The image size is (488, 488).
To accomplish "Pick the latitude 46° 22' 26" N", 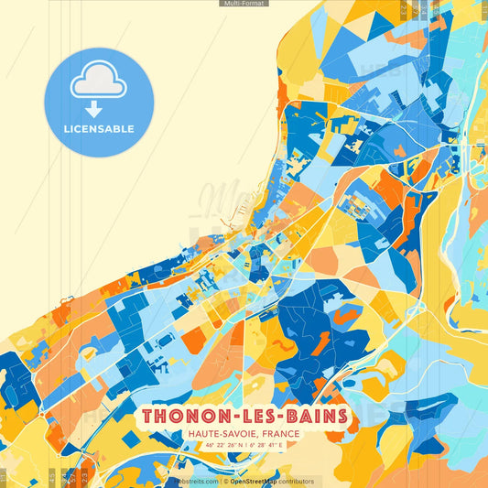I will (220, 446).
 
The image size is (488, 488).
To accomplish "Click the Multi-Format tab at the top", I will (244, 4).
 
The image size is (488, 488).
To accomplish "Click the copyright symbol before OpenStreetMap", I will (225, 481).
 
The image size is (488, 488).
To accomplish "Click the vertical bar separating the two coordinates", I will (245, 446).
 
